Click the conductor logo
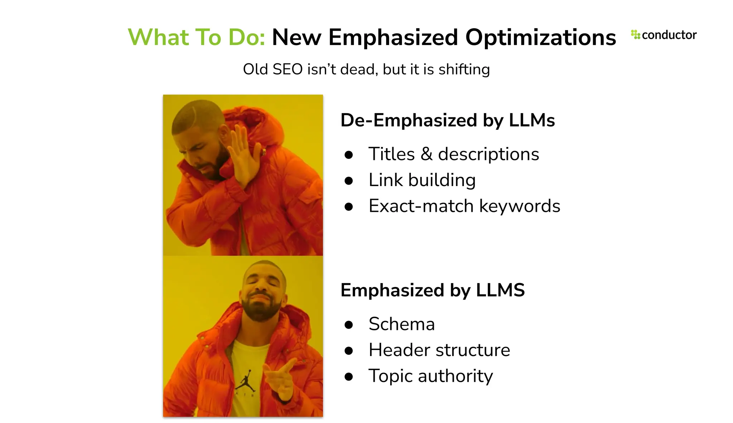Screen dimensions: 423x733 pos(664,35)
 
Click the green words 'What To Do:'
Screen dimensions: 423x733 pos(196,37)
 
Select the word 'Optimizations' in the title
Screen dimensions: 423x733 pos(540,37)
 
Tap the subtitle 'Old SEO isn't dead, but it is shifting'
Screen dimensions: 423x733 pos(366,69)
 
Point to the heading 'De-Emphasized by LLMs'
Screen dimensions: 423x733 pos(447,120)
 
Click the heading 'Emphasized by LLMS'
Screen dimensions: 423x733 pos(432,290)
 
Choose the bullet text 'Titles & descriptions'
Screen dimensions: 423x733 pos(453,154)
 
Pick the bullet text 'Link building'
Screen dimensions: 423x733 pos(422,180)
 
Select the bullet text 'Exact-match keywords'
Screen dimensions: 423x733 pos(464,206)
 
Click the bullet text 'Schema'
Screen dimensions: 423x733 pos(402,324)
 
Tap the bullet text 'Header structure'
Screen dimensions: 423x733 pos(439,350)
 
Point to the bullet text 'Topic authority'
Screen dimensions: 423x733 pos(431,376)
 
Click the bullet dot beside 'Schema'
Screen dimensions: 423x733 pos(349,325)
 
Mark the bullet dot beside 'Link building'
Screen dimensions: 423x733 pos(349,181)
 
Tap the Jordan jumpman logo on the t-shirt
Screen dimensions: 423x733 pos(246,381)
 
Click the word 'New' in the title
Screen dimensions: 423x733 pos(297,37)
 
